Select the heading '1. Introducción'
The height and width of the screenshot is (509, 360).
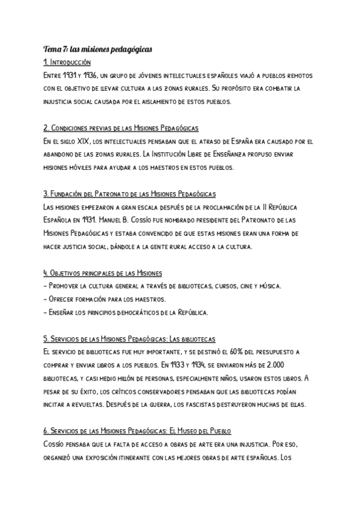click(67, 62)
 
